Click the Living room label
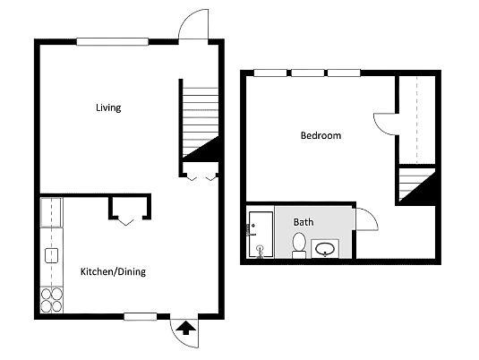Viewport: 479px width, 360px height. pos(108,107)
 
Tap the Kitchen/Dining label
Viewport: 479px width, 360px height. pos(113,271)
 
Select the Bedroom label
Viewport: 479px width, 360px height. pos(321,135)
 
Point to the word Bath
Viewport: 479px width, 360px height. pos(304,222)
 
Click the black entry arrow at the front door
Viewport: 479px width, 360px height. pos(185,328)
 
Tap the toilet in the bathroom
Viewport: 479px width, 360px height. pos(299,245)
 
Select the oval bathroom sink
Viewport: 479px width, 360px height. pos(325,249)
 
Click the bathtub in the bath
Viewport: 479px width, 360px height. pos(261,235)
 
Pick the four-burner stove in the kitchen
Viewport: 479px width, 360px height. pos(52,300)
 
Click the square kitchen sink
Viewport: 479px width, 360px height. pos(52,255)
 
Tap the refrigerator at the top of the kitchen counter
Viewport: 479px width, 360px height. pos(51,212)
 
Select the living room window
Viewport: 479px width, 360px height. pos(113,42)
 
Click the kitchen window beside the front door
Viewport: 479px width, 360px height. pos(141,317)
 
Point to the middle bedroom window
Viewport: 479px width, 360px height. pos(308,73)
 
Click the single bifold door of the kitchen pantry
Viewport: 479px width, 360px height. pos(126,222)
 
